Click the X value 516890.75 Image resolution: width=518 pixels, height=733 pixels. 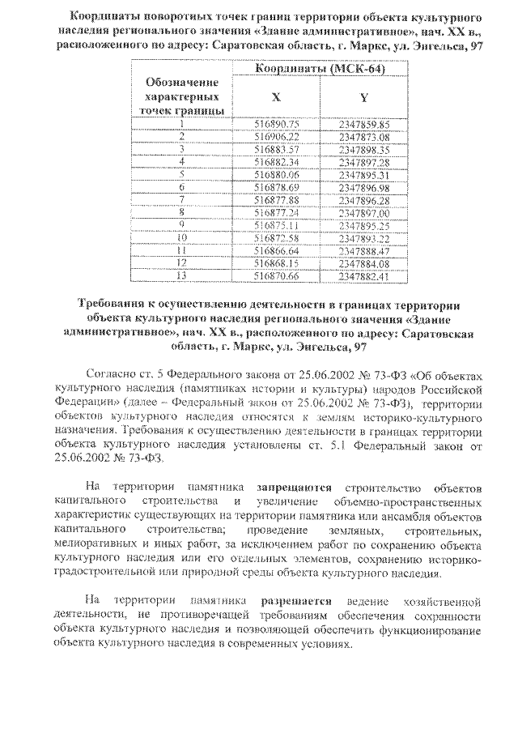pos(277,124)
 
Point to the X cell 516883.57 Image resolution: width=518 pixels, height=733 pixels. pos(277,149)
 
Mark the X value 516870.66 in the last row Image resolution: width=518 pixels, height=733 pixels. pos(277,275)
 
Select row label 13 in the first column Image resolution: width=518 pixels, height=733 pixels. pos(183,275)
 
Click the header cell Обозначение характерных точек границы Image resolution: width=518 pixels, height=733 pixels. pos(182,96)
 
